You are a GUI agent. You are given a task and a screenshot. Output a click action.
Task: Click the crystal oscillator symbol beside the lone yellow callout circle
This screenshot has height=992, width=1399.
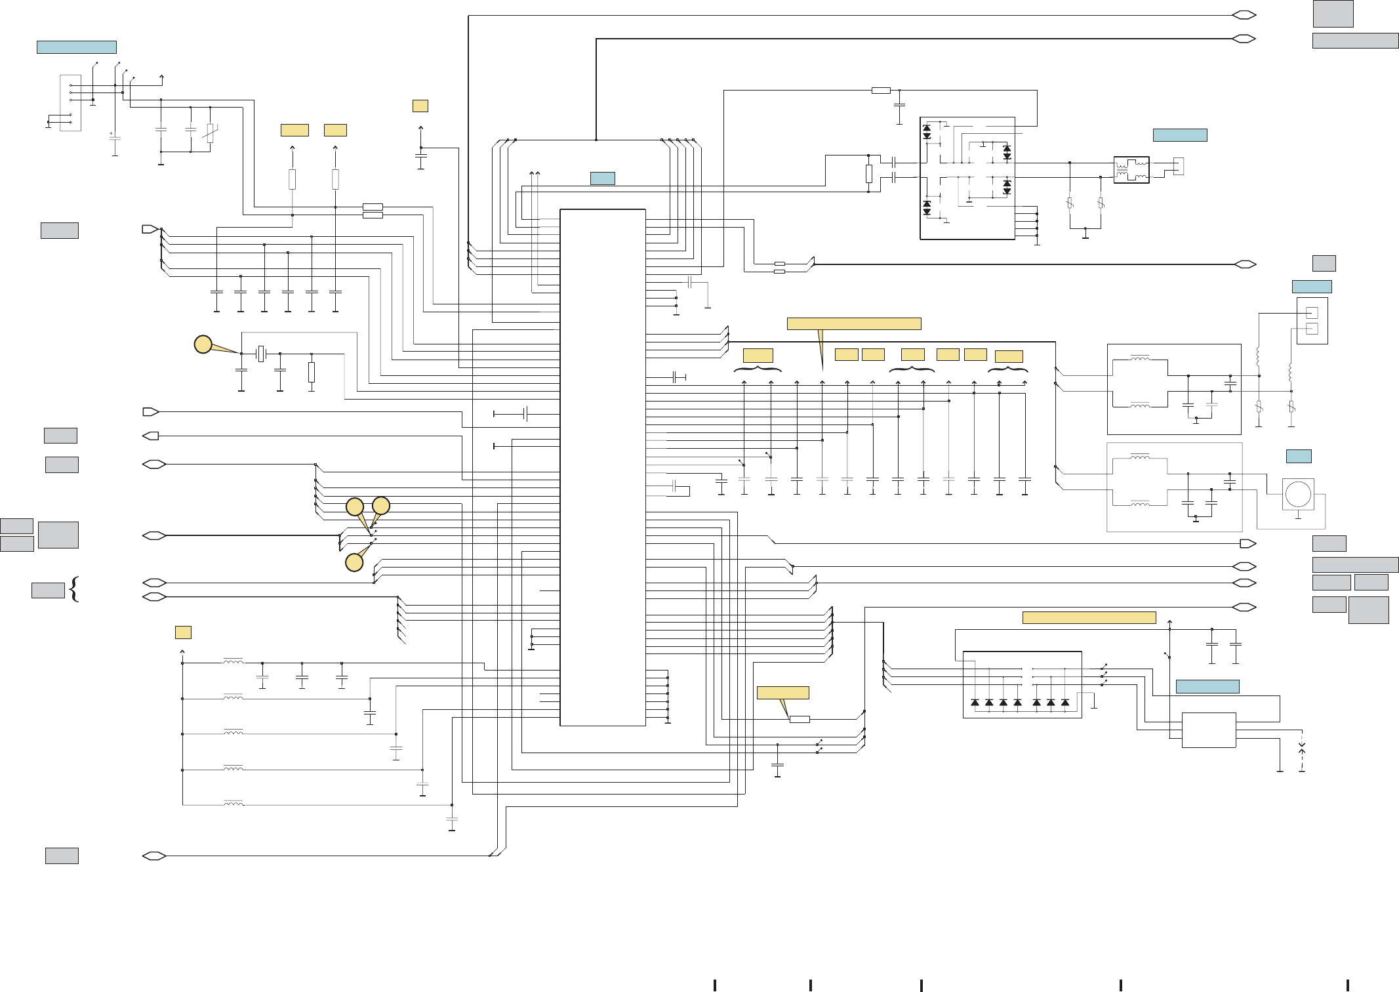[261, 354]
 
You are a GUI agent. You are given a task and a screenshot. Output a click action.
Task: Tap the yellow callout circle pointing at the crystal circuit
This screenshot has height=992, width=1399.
[203, 344]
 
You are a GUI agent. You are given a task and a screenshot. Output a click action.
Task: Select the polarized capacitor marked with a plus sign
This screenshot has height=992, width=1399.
[115, 138]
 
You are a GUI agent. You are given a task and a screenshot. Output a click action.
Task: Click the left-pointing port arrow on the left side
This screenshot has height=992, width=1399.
[151, 436]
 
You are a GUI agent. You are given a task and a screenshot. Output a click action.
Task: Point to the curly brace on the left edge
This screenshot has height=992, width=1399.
[74, 589]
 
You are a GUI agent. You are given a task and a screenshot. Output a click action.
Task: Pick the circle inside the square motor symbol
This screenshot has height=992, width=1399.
[1298, 494]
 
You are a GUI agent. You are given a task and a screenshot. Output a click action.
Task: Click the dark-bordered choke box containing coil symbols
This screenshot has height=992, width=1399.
[1131, 170]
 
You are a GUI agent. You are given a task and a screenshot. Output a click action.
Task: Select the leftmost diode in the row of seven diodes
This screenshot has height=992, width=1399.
[975, 703]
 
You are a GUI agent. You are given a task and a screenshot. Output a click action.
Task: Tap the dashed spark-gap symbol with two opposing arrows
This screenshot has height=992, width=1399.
[1302, 749]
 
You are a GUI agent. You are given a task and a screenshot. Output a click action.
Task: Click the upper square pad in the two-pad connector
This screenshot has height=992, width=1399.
[1312, 313]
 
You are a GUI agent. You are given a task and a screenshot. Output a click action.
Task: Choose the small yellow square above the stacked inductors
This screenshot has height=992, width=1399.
[183, 632]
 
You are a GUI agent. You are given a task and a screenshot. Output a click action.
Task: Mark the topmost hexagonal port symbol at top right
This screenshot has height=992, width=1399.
[1244, 15]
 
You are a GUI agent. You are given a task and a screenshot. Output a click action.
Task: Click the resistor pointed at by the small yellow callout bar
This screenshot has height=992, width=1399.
[800, 720]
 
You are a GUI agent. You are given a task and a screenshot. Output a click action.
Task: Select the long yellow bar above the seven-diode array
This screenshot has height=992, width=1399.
[1089, 617]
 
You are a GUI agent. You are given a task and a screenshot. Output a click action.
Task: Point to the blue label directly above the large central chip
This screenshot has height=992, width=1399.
[602, 178]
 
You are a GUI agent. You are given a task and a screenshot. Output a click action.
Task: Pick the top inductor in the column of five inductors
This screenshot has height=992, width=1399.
[233, 662]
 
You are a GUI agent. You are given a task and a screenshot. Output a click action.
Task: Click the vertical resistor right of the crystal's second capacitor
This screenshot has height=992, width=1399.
[312, 372]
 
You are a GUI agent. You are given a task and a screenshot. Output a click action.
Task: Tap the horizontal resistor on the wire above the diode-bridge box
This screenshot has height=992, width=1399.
[881, 91]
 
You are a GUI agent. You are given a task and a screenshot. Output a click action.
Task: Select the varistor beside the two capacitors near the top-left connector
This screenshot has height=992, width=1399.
[210, 133]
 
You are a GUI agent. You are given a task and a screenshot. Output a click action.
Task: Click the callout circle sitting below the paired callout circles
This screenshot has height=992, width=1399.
[354, 562]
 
